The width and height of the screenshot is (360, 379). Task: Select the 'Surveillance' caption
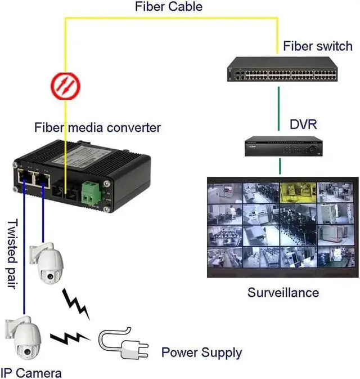coord(283,292)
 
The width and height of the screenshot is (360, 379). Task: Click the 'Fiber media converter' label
coord(97,128)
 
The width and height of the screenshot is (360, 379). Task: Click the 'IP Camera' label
coord(31,372)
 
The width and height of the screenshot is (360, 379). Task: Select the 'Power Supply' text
coord(201,353)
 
